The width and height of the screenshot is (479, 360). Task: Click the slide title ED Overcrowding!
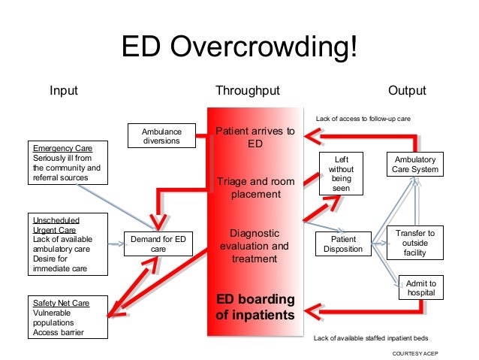(x=239, y=48)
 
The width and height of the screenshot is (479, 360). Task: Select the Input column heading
(x=64, y=91)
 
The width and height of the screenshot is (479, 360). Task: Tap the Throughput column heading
(x=247, y=91)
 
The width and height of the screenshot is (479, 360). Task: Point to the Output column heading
(x=407, y=91)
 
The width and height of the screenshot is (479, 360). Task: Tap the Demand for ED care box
(x=158, y=244)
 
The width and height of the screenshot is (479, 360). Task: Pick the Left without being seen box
(x=341, y=174)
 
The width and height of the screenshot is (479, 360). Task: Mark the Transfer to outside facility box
(x=414, y=244)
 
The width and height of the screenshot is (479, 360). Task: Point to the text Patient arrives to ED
(x=255, y=138)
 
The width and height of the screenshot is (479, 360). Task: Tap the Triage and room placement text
(x=255, y=188)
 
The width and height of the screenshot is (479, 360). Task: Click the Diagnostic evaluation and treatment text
(x=255, y=246)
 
